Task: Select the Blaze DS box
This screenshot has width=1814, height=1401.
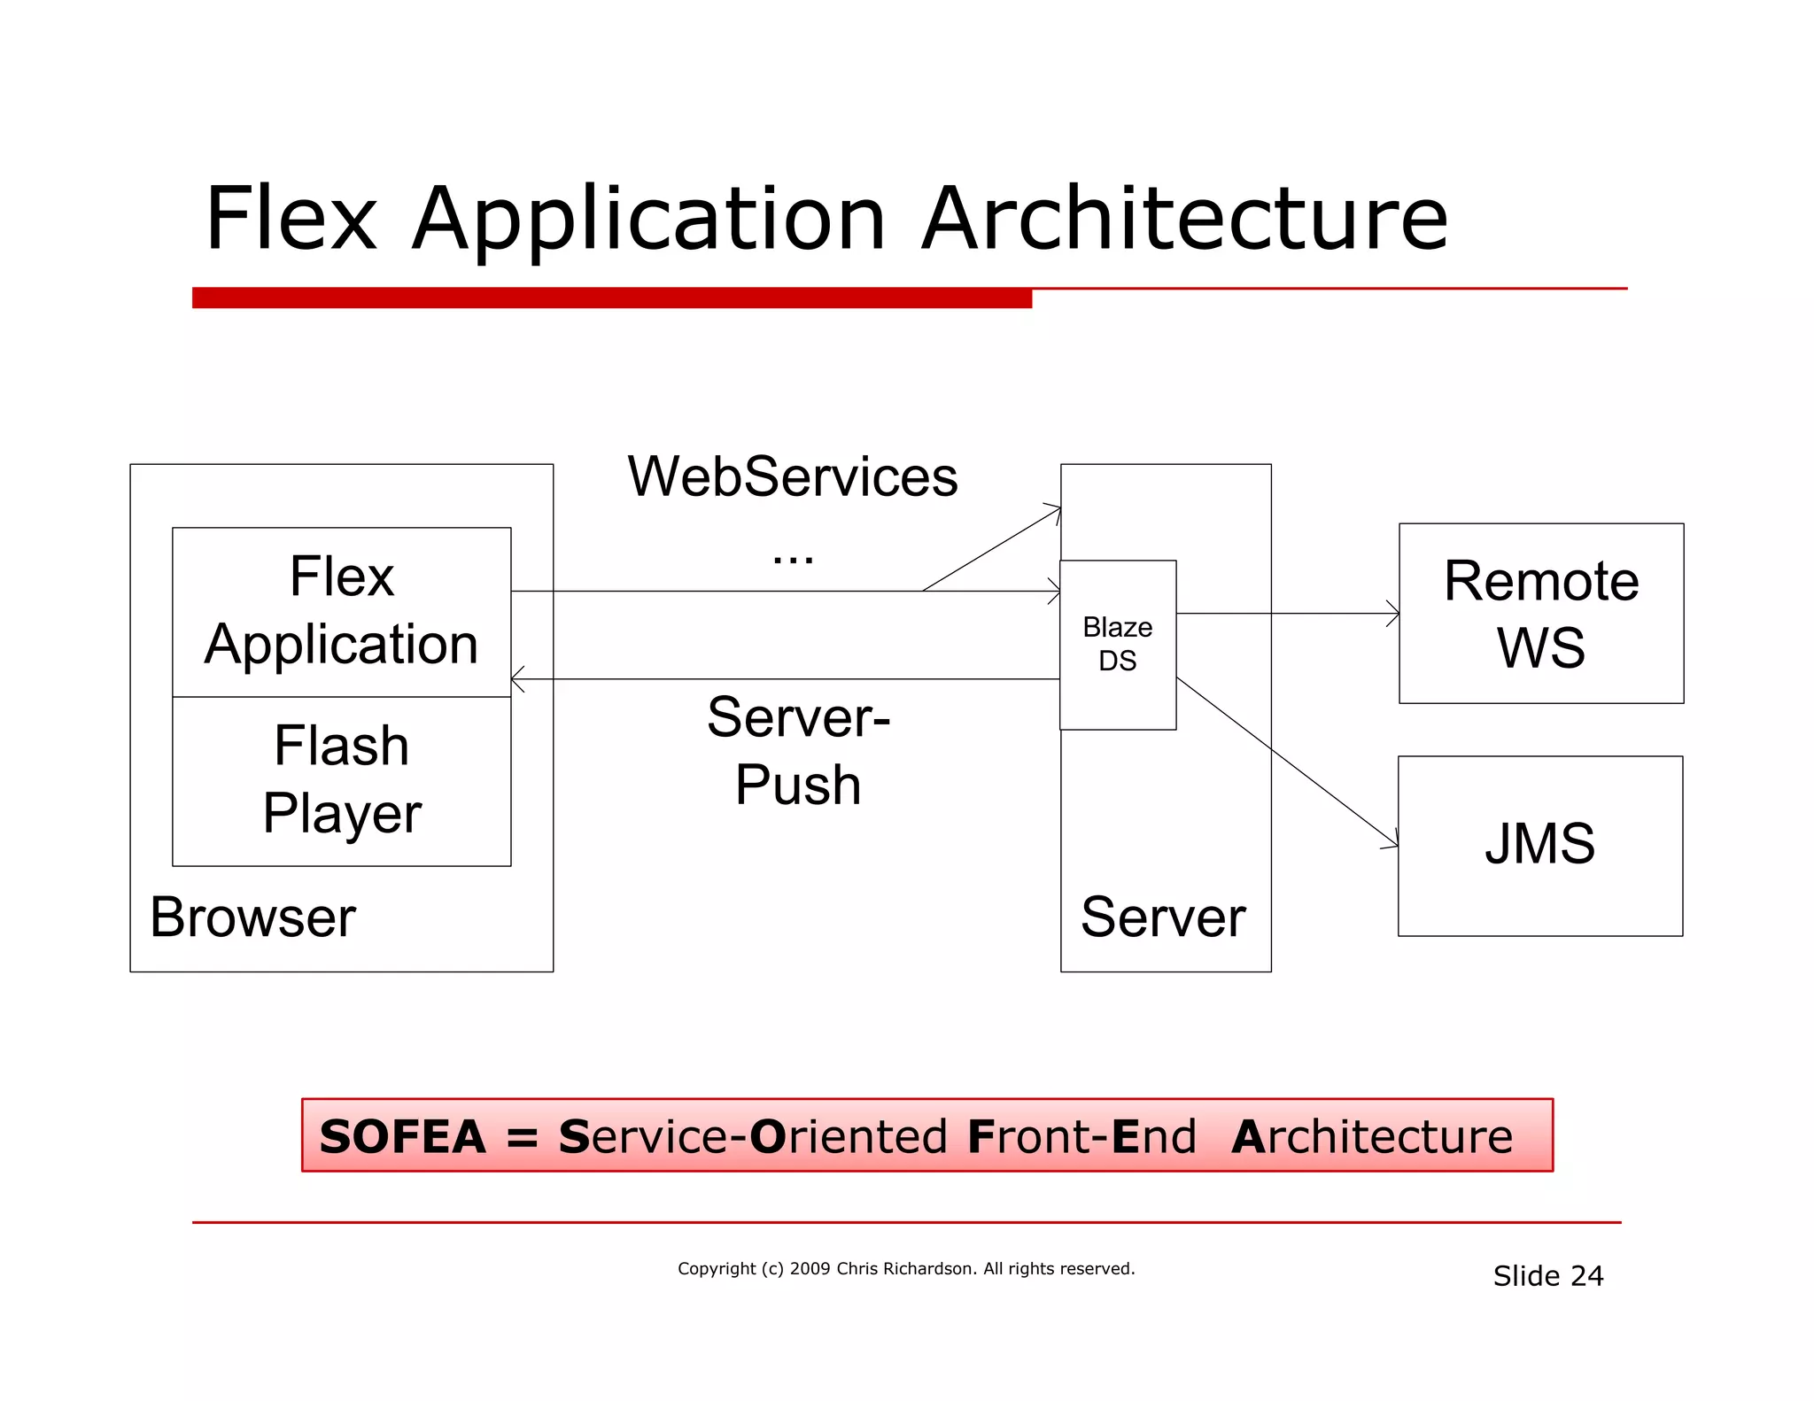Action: (x=1117, y=645)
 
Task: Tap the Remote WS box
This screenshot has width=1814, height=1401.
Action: (x=1540, y=613)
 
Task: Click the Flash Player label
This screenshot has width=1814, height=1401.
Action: (x=341, y=779)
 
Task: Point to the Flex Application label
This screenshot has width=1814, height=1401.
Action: (x=341, y=610)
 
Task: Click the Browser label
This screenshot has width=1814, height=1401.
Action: (x=252, y=917)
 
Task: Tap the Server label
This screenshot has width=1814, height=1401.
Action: (x=1163, y=917)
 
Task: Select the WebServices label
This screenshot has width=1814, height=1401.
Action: (x=792, y=476)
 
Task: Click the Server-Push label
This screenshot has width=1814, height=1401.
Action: (x=798, y=751)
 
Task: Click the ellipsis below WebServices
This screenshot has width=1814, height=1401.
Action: (x=792, y=559)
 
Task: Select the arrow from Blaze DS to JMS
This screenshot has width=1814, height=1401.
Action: (x=1284, y=760)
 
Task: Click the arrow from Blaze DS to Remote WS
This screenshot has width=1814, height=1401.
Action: (x=1284, y=613)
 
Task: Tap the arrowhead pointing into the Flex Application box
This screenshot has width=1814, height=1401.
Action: (x=518, y=679)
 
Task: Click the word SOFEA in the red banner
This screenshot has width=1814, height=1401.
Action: (x=403, y=1136)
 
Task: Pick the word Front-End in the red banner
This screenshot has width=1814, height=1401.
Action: (x=1081, y=1136)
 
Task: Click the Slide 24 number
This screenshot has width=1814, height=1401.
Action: (x=1547, y=1275)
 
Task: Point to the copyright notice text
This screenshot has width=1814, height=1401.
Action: (x=905, y=1268)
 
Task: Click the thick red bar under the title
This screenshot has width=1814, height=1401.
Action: (x=611, y=298)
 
